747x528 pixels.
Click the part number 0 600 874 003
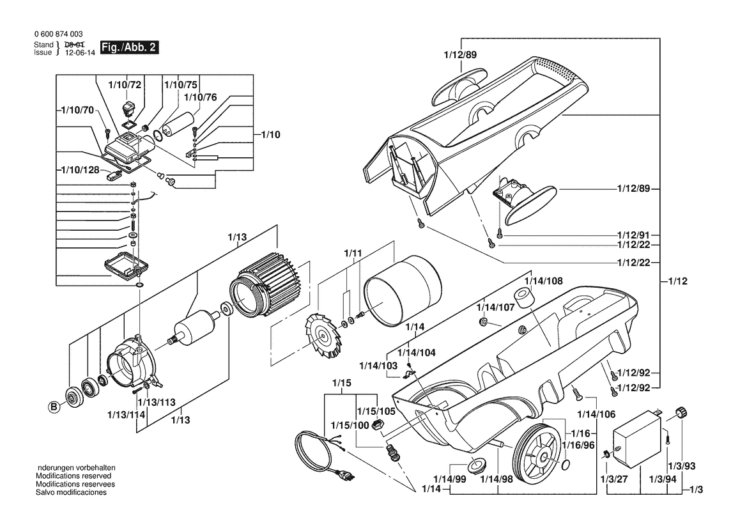tap(57, 34)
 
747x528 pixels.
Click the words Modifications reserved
tap(73, 476)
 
